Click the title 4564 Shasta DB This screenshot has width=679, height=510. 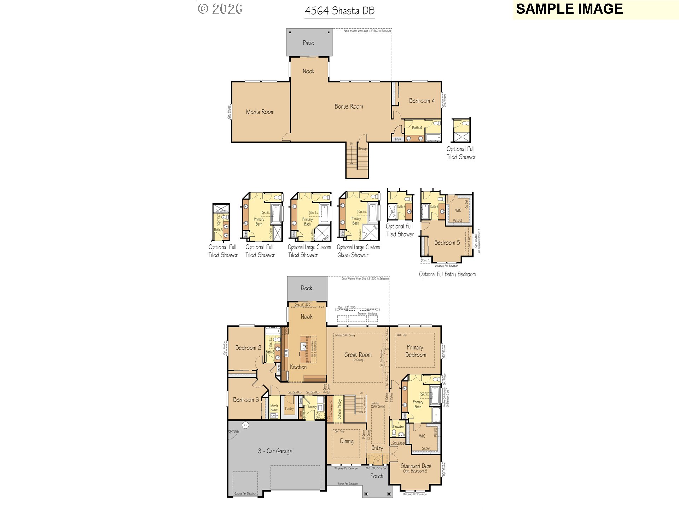[x=339, y=11]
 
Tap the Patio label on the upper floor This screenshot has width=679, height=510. [x=308, y=43]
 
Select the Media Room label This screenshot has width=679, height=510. [x=260, y=112]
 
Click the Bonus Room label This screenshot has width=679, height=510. [x=349, y=107]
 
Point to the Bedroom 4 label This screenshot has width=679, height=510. [x=422, y=101]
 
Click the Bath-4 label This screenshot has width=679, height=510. [x=417, y=128]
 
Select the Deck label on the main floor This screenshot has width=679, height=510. [x=306, y=288]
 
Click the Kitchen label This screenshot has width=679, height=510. [x=298, y=367]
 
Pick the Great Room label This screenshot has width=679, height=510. [x=358, y=355]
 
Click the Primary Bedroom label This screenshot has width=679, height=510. [x=416, y=351]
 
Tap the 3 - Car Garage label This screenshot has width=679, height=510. [x=275, y=451]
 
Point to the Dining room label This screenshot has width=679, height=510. [x=347, y=441]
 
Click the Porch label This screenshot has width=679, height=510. [x=377, y=476]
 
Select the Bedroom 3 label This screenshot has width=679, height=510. [x=246, y=400]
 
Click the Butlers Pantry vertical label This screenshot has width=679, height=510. [x=339, y=409]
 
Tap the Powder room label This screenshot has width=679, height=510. [x=398, y=427]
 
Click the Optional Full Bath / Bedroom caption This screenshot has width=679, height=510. [x=447, y=274]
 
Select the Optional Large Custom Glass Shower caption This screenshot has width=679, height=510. [x=358, y=251]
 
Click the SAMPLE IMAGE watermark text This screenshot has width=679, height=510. [x=569, y=9]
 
